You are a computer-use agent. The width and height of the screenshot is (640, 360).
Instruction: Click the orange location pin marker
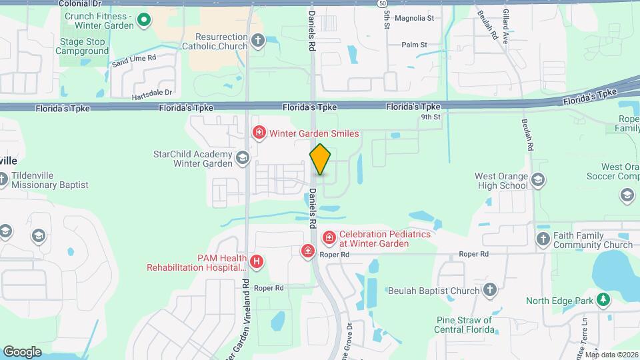320,159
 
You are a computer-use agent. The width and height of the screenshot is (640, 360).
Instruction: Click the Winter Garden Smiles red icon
259,133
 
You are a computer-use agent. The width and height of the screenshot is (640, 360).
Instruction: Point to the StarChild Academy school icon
242,158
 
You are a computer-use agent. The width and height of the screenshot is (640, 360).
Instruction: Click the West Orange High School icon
539,180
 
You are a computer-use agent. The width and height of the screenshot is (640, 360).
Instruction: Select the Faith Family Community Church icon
543,239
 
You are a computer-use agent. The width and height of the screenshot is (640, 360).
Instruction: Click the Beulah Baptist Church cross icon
490,290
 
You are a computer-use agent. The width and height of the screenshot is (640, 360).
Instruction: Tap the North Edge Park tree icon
603,300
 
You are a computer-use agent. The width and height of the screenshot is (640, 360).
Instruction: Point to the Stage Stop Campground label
82,46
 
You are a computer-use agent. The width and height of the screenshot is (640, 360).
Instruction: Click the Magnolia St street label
414,19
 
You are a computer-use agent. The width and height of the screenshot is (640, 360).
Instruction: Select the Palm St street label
414,45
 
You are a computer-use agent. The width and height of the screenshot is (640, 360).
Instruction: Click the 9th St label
431,117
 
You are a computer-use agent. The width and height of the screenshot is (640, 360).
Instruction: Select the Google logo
22,351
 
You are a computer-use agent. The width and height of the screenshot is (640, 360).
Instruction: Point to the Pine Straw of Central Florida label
463,325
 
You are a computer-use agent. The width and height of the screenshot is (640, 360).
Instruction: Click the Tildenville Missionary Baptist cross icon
4,179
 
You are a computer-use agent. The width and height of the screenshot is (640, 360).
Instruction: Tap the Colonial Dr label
79,4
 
